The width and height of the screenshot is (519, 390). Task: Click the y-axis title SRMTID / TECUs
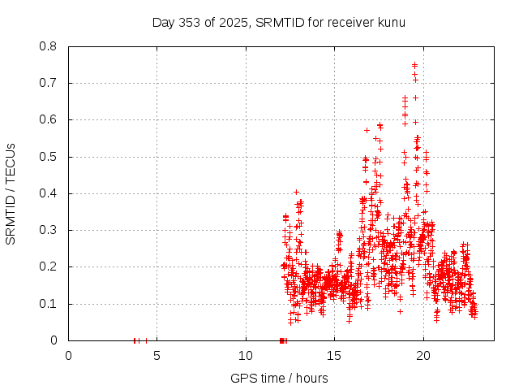pyautogui.click(x=11, y=193)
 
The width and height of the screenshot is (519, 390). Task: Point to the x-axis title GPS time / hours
pyautogui.click(x=279, y=378)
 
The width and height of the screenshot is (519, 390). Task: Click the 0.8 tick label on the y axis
pyautogui.click(x=49, y=46)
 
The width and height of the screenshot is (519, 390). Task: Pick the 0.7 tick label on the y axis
pyautogui.click(x=49, y=83)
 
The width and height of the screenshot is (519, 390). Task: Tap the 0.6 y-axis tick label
pyautogui.click(x=49, y=119)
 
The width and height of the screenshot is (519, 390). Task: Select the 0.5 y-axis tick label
pyautogui.click(x=49, y=157)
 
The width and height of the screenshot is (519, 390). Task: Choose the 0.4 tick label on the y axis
pyautogui.click(x=49, y=193)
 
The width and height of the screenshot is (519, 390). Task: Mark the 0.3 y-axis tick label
pyautogui.click(x=49, y=230)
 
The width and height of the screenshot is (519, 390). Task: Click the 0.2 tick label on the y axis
pyautogui.click(x=49, y=266)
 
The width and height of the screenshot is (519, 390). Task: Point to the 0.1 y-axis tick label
pyautogui.click(x=49, y=304)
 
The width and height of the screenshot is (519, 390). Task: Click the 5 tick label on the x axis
pyautogui.click(x=157, y=355)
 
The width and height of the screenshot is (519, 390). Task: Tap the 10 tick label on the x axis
pyautogui.click(x=246, y=355)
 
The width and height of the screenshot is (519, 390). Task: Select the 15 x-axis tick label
pyautogui.click(x=334, y=355)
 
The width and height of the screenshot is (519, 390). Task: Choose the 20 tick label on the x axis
pyautogui.click(x=423, y=355)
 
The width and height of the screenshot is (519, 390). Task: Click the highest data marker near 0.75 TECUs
pyautogui.click(x=414, y=65)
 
